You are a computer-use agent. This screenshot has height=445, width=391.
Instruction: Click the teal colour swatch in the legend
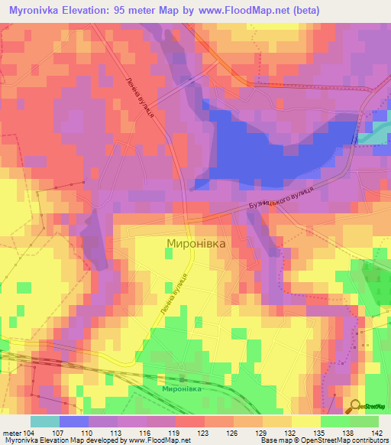(x=45, y=421)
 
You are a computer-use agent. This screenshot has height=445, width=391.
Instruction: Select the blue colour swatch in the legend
(x=74, y=421)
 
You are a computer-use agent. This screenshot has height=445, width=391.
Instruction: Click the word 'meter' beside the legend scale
(x=12, y=433)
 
